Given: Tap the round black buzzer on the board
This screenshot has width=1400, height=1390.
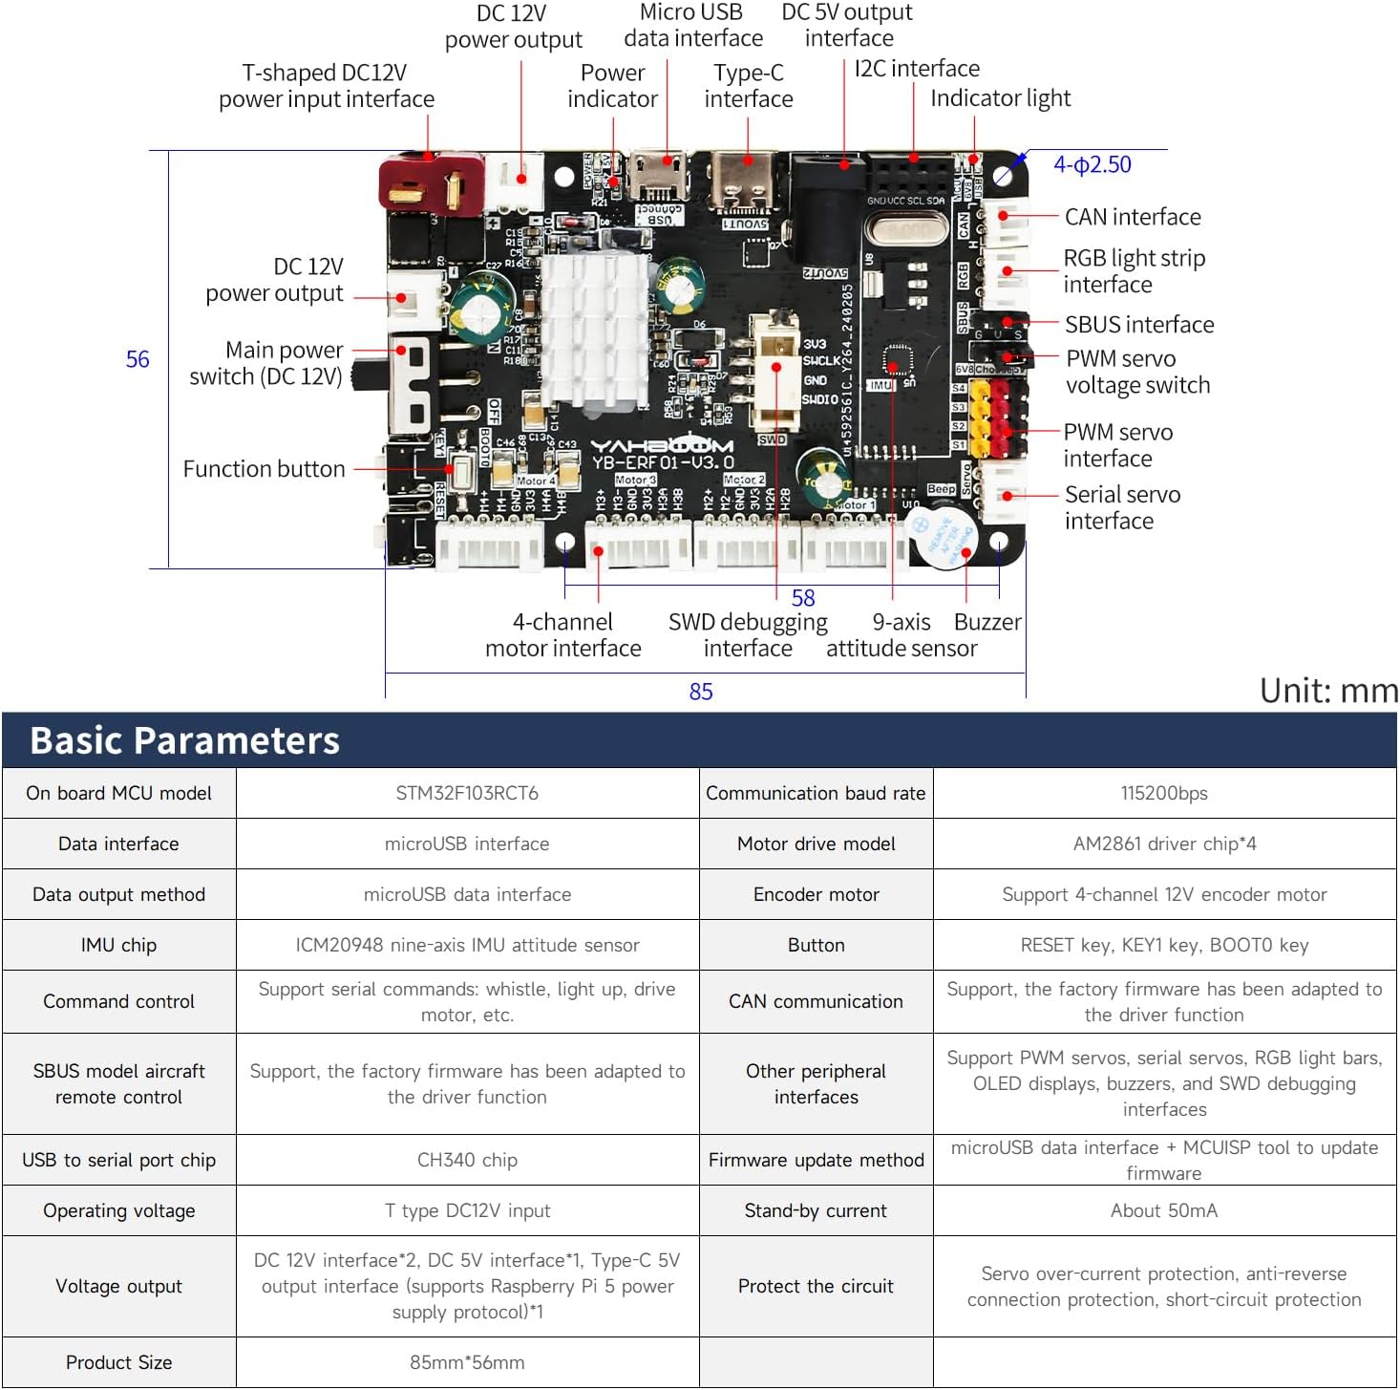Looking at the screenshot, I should [x=940, y=537].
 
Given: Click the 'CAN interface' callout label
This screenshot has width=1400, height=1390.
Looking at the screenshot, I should [x=1132, y=217].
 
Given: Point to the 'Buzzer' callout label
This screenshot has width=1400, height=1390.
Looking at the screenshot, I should [x=986, y=622].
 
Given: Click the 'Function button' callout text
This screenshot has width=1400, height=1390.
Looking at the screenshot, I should [x=264, y=469].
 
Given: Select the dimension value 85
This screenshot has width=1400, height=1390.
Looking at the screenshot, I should [x=701, y=691].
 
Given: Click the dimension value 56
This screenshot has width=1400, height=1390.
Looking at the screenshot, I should [x=138, y=359].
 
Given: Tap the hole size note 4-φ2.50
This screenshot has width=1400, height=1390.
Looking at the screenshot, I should [x=1092, y=164].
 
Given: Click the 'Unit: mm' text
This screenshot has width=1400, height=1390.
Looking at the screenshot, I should [x=1327, y=690].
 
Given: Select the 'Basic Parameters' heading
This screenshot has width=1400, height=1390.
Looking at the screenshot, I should [x=184, y=740].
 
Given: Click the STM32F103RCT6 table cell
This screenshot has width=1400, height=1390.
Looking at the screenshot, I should [x=467, y=793].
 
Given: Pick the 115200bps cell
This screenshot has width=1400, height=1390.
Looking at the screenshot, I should [x=1163, y=793].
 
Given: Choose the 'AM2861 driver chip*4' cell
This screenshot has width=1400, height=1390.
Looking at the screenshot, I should [x=1163, y=844].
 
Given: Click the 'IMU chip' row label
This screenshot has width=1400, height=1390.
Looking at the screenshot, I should [x=118, y=945].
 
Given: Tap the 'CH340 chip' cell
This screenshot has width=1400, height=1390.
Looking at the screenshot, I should [x=467, y=1160].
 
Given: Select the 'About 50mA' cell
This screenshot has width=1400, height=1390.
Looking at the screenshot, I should [x=1163, y=1210].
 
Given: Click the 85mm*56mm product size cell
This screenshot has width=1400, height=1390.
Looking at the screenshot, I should [x=467, y=1362].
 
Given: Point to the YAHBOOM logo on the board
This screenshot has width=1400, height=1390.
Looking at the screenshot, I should [x=661, y=445].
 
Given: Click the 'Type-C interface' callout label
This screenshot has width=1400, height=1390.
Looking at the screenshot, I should [x=748, y=86].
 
